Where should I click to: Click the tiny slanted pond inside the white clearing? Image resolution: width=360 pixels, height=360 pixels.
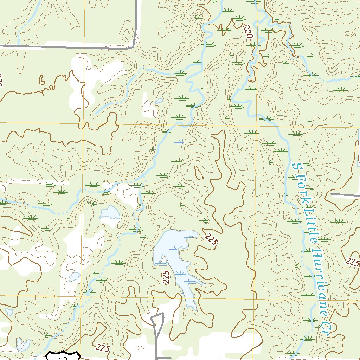tap(159, 101)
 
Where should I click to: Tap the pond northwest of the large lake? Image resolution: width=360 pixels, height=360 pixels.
tap(109, 212)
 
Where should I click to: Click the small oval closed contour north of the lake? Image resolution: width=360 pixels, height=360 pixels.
tap(198, 172)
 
